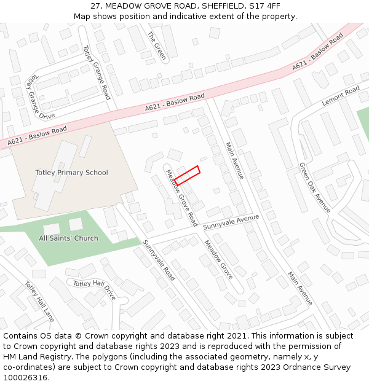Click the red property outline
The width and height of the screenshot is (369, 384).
pos(187,175)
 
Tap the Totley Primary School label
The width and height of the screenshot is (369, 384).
pos(71,173)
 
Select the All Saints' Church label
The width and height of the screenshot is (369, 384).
pos(68,238)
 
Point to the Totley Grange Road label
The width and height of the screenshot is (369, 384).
pos(97,72)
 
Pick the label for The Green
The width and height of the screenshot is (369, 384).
pos(157,45)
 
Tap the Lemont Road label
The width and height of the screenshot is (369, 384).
pos(341,96)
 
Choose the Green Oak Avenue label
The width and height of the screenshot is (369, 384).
pos(315,187)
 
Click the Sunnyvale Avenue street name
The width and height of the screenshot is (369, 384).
pos(231,222)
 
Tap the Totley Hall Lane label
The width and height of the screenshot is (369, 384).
pos(39,302)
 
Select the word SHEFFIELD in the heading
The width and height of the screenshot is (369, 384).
pos(215,6)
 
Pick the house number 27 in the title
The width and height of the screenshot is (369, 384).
pos(95,6)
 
